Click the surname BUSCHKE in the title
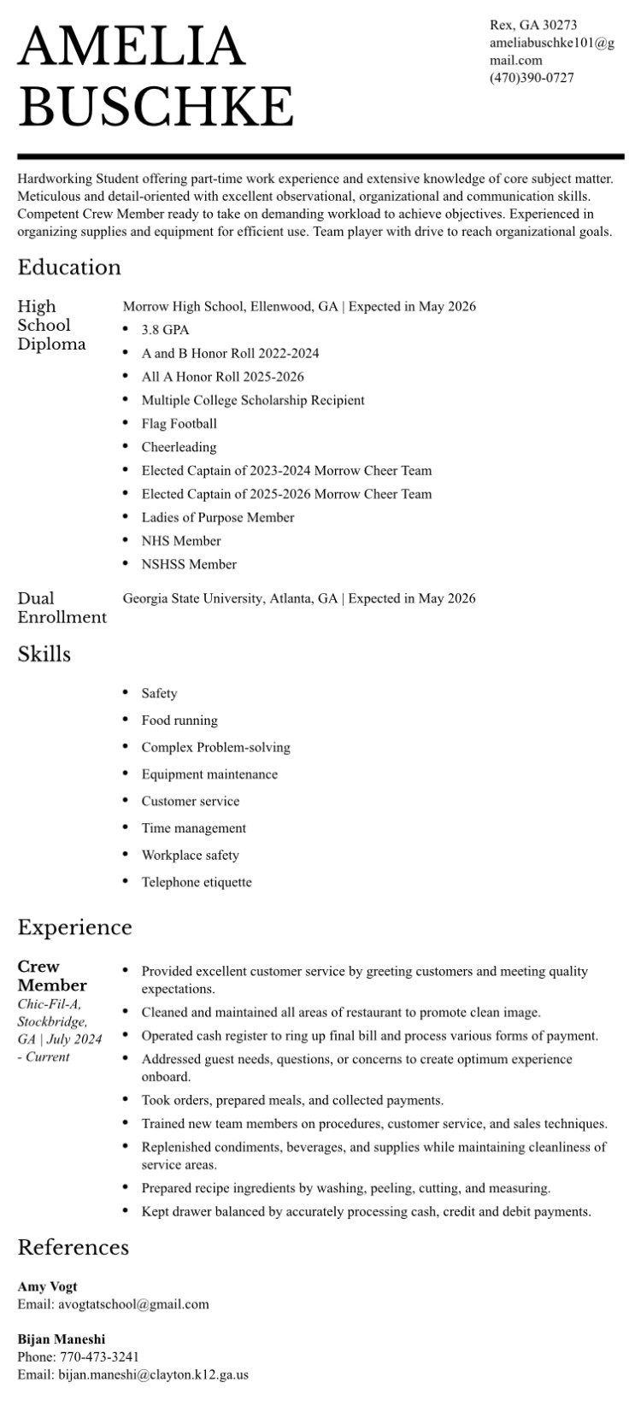[156, 106]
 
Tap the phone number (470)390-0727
[532, 78]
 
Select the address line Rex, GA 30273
[533, 25]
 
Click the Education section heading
[69, 267]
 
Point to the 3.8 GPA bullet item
[165, 329]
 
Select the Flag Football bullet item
[179, 423]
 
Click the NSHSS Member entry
[189, 564]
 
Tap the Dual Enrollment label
[62, 607]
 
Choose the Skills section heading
[44, 654]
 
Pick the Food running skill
[179, 720]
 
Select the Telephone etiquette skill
[197, 881]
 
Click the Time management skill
[194, 827]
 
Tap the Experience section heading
[74, 927]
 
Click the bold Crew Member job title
[51, 975]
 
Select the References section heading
[73, 1247]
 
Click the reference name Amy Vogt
[47, 1286]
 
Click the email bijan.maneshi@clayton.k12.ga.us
[153, 1375]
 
